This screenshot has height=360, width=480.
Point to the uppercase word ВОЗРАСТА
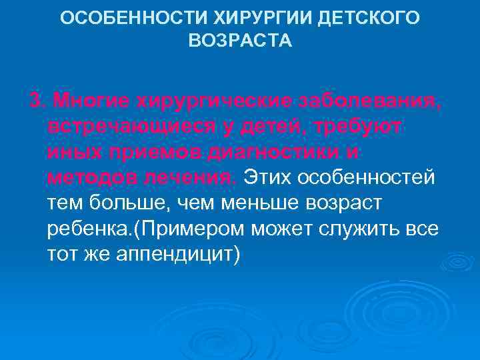tap(240, 41)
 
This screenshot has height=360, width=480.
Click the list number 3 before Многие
tap(36, 101)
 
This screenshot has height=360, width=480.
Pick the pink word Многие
tap(91, 101)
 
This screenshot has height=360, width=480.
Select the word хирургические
tap(213, 101)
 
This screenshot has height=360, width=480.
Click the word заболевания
tap(365, 101)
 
